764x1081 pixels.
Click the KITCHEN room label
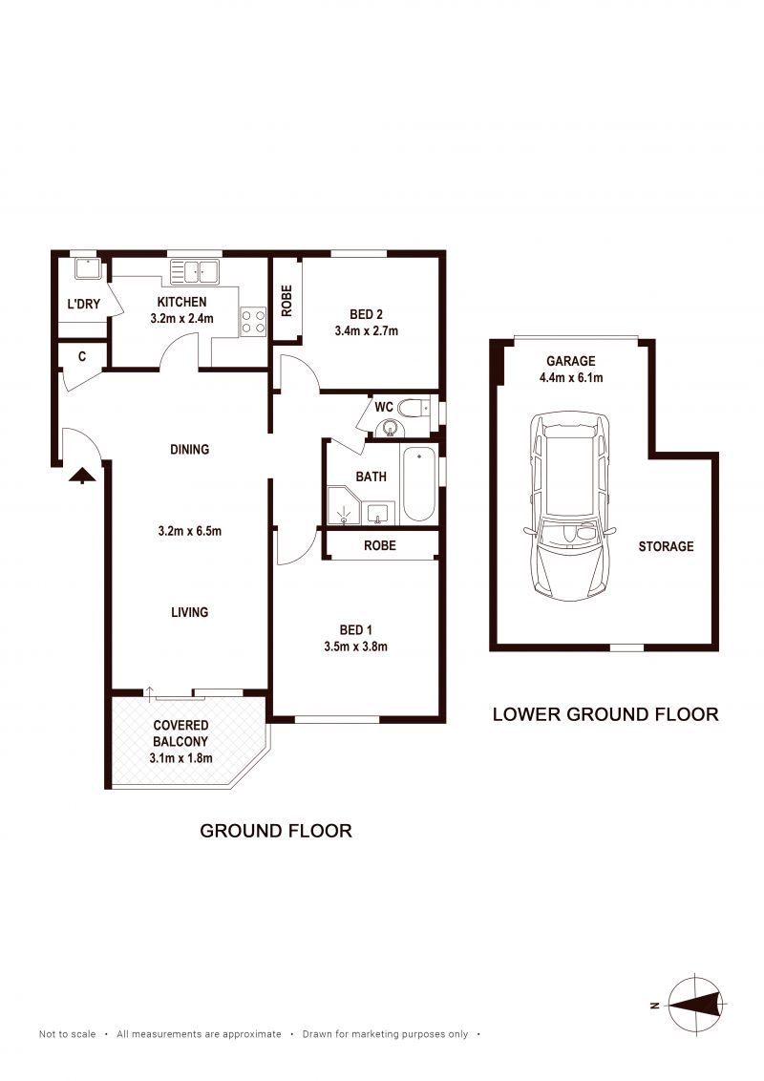(x=182, y=302)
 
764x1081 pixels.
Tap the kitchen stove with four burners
(x=253, y=322)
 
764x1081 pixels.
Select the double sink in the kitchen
(x=195, y=271)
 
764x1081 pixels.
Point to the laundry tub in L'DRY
(x=88, y=268)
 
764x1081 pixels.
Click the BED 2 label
(x=366, y=314)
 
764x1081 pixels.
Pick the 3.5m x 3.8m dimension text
(x=356, y=646)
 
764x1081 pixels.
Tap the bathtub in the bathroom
(x=419, y=483)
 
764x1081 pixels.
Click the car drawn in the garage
(x=569, y=506)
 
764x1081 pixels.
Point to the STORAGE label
(x=666, y=546)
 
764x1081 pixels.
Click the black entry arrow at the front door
(x=82, y=475)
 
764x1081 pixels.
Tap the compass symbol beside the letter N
(x=696, y=1005)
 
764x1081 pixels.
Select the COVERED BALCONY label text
(x=180, y=733)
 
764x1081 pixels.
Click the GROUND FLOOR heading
(x=276, y=831)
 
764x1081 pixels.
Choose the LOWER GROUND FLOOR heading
(x=605, y=714)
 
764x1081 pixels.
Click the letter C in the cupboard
(x=82, y=356)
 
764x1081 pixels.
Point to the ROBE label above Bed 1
(x=380, y=545)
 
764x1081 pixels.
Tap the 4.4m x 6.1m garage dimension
(x=571, y=378)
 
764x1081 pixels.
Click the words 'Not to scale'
(x=68, y=1034)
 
